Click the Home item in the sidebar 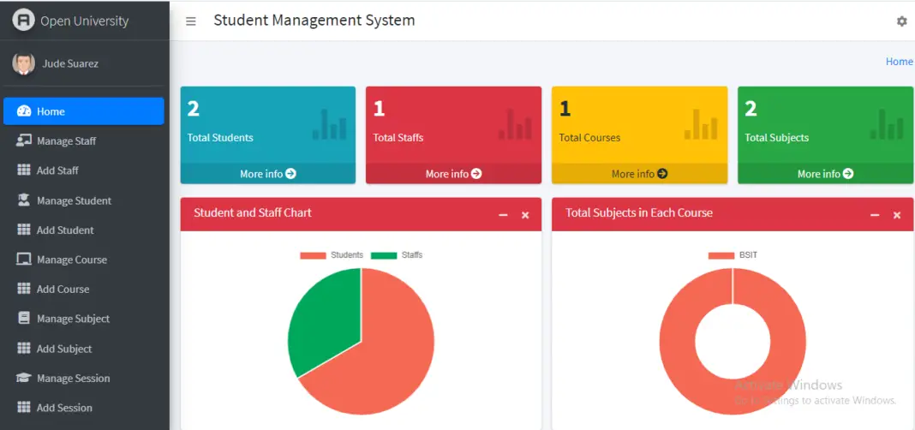click(x=83, y=111)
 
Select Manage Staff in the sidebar click(x=66, y=141)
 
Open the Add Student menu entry click(x=64, y=230)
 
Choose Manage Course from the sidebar click(x=71, y=260)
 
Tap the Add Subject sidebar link click(x=63, y=349)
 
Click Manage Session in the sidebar click(x=73, y=379)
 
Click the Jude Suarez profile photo click(x=24, y=63)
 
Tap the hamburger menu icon click(x=191, y=21)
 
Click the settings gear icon click(x=901, y=21)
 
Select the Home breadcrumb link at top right click(x=899, y=62)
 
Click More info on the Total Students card click(x=267, y=174)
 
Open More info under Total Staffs click(x=453, y=174)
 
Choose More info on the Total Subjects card click(x=825, y=174)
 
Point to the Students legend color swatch click(x=313, y=255)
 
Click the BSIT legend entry click(x=733, y=255)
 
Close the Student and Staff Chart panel click(x=525, y=215)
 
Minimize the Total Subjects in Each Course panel click(x=875, y=215)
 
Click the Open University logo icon click(x=23, y=20)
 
